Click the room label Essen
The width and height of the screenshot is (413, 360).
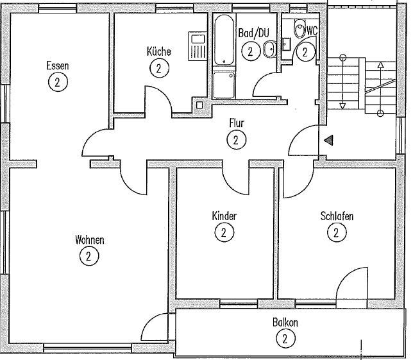57,65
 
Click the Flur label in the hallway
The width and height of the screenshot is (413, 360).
237,123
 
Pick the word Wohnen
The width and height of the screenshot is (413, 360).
90,240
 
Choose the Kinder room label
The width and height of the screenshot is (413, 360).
224,216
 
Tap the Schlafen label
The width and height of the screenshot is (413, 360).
337,216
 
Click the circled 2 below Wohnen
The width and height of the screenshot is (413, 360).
88,256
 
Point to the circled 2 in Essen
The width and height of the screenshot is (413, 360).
58,81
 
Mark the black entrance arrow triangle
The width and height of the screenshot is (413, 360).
328,141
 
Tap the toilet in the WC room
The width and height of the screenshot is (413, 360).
300,30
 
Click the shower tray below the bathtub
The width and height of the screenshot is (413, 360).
224,85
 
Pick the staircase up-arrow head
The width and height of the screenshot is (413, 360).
380,64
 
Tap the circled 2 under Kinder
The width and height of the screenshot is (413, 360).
224,232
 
